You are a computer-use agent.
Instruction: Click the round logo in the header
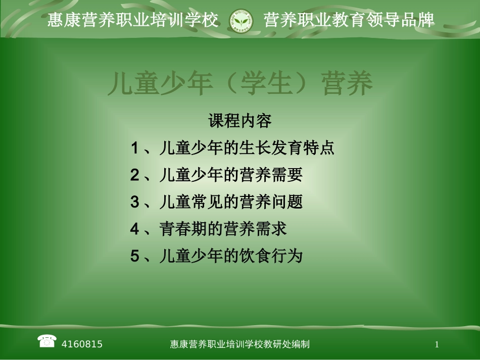click(241, 20)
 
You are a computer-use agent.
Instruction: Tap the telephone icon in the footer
click(46, 341)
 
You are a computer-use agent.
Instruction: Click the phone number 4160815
click(82, 344)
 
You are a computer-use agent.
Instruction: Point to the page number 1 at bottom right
click(437, 344)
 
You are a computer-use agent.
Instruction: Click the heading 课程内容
click(240, 121)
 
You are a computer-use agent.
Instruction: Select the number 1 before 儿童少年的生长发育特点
click(134, 148)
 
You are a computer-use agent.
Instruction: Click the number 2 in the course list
click(134, 175)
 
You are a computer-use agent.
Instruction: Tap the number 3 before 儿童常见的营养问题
click(134, 202)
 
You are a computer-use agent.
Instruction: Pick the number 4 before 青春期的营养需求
click(134, 229)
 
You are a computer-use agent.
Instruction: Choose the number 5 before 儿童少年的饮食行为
click(134, 256)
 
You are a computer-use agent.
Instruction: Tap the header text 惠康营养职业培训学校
click(133, 20)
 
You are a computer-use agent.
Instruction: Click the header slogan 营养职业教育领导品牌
click(349, 20)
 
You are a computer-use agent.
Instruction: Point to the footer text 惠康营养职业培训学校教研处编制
click(240, 344)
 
